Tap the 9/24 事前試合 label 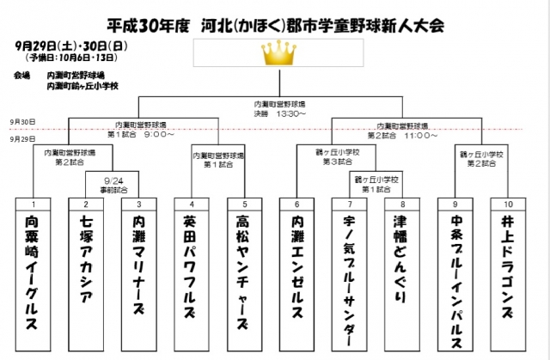113,185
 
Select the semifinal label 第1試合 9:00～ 141,134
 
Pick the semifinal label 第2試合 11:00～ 403,134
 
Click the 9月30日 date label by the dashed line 24,122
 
